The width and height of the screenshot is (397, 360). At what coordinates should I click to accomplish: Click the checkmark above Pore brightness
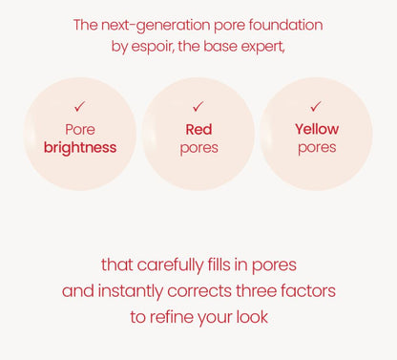[x=80, y=107]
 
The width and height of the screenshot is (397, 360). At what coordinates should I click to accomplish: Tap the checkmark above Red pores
[x=198, y=107]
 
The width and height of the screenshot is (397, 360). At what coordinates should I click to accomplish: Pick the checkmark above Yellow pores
[x=316, y=107]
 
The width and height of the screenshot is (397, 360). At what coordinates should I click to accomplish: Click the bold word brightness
[x=80, y=148]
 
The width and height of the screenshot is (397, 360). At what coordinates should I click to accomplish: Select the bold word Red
[x=198, y=129]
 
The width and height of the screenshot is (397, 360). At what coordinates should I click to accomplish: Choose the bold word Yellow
[x=317, y=129]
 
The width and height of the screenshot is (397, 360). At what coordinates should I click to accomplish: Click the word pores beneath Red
[x=198, y=148]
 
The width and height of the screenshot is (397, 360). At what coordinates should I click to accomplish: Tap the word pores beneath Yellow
[x=317, y=148]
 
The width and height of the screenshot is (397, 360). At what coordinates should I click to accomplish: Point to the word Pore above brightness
[x=80, y=129]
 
